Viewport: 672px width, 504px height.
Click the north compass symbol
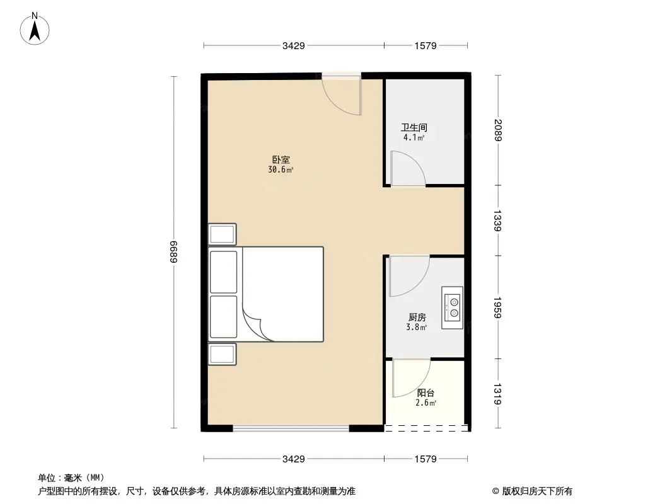click(36, 28)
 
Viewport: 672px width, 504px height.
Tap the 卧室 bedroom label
click(281, 160)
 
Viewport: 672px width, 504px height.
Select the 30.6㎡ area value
click(281, 169)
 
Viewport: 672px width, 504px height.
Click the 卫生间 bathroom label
click(414, 127)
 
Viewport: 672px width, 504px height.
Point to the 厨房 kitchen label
click(417, 318)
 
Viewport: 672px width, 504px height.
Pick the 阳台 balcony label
click(426, 393)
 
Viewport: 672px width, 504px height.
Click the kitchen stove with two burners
click(452, 307)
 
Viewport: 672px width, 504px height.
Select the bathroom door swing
click(407, 168)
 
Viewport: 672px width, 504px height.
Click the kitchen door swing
click(408, 276)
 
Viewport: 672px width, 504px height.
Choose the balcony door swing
click(410, 377)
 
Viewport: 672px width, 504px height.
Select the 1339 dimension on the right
click(498, 220)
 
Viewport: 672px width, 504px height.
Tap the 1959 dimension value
click(498, 307)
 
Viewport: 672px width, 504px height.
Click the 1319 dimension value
click(498, 394)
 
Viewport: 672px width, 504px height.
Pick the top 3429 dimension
click(294, 45)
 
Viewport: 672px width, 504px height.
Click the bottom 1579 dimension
click(426, 459)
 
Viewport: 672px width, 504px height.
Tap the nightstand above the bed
click(223, 234)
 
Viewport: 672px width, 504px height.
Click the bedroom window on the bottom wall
click(291, 428)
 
